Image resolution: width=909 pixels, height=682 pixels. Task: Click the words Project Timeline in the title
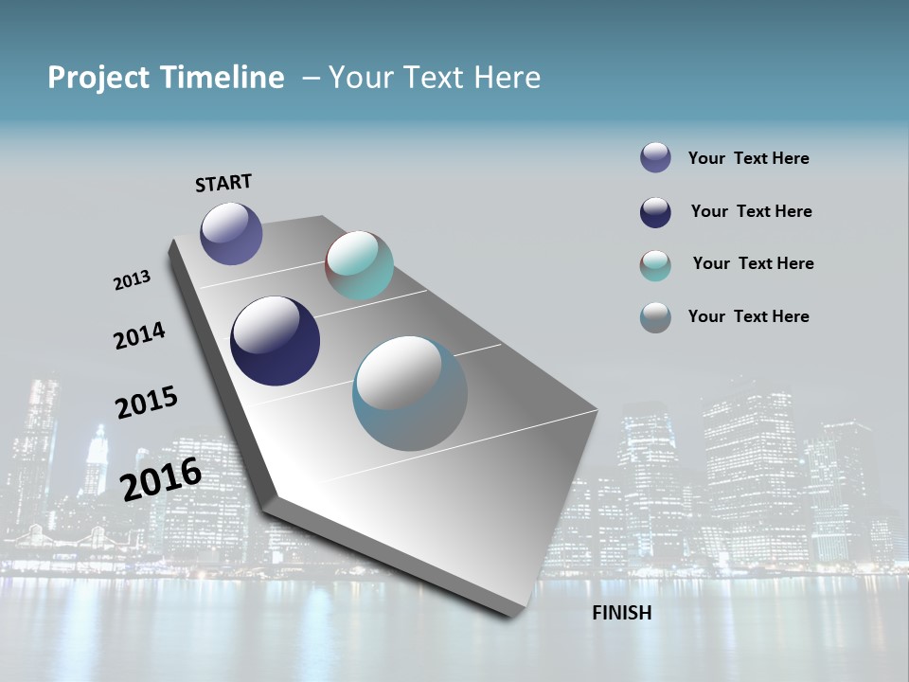tap(166, 78)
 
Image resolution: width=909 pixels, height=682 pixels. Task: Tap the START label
tap(223, 183)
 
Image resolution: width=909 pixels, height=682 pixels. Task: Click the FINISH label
tap(621, 613)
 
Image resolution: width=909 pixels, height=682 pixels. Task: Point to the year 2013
tap(132, 280)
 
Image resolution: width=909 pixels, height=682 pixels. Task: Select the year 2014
tap(139, 335)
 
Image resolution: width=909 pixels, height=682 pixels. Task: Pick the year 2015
tap(146, 403)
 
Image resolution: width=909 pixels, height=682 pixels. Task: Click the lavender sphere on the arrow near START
tap(231, 233)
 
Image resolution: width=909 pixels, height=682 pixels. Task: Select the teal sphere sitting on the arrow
tap(359, 265)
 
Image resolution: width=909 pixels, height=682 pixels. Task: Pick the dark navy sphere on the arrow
tap(275, 341)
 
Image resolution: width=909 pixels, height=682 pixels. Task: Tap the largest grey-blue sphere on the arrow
tap(409, 393)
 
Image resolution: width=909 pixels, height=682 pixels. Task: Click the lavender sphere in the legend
tap(655, 157)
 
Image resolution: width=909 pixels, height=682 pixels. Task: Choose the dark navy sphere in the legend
tap(655, 212)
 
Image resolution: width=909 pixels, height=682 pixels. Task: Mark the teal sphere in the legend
tap(655, 265)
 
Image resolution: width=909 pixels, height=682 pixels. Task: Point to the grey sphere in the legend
tap(655, 317)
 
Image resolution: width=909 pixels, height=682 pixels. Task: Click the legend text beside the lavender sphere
tap(748, 159)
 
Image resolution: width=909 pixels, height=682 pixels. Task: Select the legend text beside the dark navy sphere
tap(751, 211)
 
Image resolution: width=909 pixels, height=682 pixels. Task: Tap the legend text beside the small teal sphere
tap(753, 263)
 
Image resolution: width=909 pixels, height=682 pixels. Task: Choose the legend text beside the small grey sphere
tap(748, 316)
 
